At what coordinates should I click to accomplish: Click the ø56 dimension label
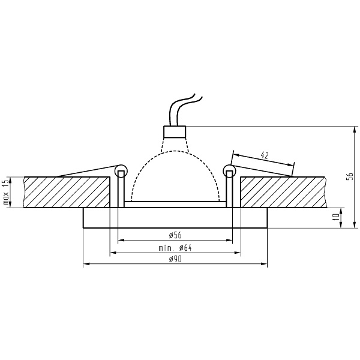[175, 235]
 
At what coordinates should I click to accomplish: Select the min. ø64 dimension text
[175, 247]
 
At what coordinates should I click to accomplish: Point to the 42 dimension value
[265, 155]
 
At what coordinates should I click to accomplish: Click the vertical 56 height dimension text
[349, 176]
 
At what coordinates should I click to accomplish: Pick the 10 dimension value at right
[349, 217]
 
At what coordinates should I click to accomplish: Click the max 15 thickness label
[6, 193]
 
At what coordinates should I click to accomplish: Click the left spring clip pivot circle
[121, 170]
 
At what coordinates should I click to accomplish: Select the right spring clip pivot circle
[229, 170]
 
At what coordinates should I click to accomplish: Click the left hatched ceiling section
[66, 192]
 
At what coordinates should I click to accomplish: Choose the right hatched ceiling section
[282, 192]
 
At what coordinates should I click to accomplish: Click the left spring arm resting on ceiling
[84, 170]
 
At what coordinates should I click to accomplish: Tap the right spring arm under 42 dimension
[264, 170]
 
